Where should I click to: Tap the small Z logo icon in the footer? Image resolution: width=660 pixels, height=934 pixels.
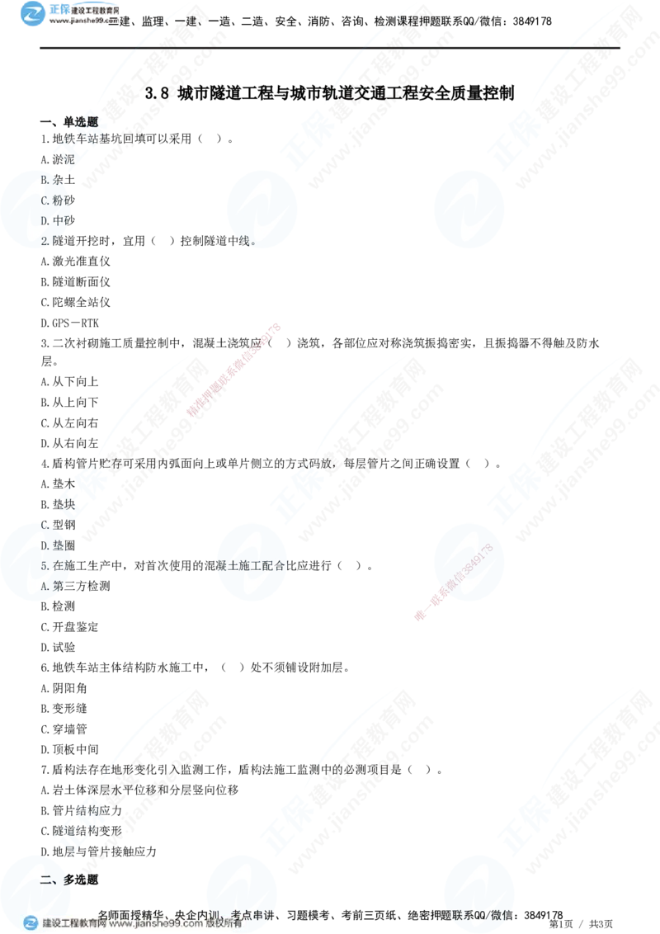tap(31, 923)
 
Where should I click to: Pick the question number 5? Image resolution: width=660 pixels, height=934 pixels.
tap(44, 567)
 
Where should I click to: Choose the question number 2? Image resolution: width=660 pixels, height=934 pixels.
tap(45, 241)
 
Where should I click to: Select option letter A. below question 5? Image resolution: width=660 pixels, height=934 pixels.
tap(46, 587)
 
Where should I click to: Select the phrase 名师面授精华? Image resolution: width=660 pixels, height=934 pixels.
tap(132, 914)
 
